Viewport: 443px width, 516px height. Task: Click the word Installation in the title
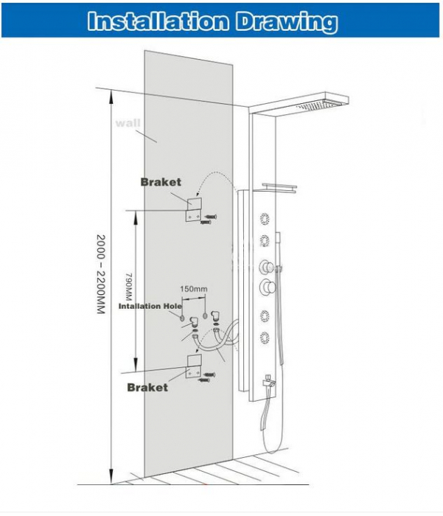[158, 21]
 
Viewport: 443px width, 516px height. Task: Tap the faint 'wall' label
[128, 123]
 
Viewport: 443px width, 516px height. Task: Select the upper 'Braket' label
[161, 182]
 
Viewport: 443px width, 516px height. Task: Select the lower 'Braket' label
[147, 387]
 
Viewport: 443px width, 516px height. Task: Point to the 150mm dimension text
[194, 289]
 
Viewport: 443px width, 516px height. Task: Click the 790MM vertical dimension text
[129, 286]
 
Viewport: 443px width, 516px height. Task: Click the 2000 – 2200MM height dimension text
[101, 274]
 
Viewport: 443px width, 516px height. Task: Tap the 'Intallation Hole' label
[150, 306]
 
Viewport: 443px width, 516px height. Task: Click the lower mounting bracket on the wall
[194, 366]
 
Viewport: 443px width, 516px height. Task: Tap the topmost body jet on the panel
[265, 219]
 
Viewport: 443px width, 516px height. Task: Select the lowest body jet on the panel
[265, 338]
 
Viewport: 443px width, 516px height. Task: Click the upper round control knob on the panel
[268, 267]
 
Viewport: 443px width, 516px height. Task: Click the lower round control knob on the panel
[268, 287]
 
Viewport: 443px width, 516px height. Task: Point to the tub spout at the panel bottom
[268, 385]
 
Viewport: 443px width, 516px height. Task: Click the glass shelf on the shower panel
[279, 187]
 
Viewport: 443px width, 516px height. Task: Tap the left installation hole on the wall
[182, 318]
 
